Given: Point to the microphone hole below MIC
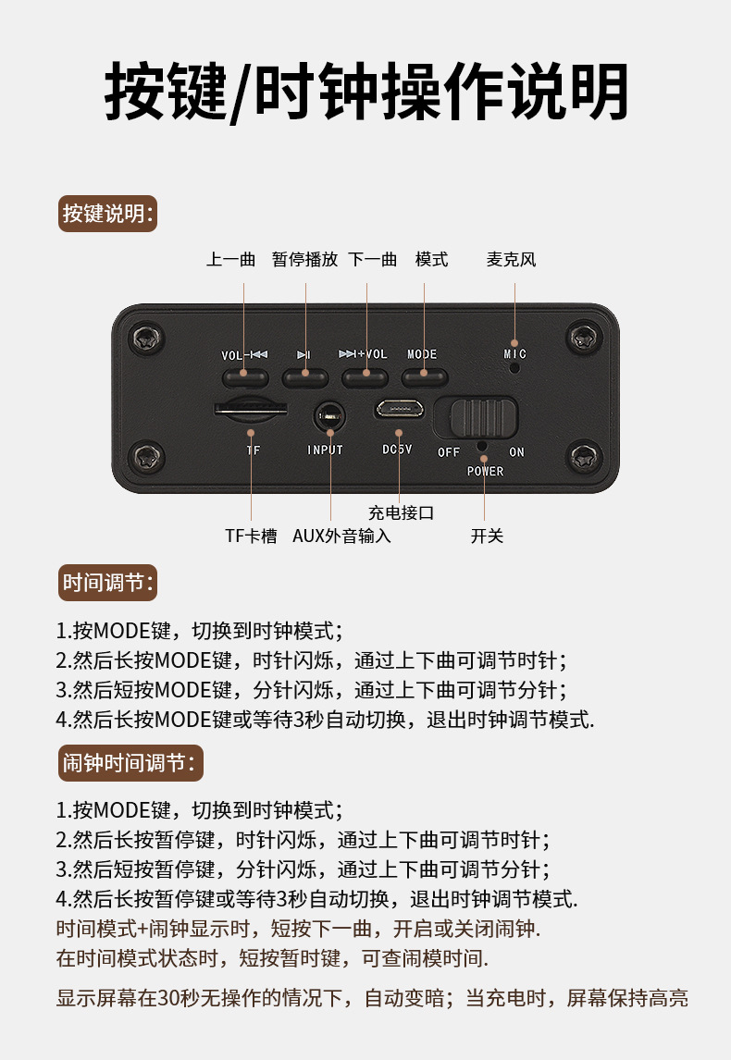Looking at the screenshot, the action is click(514, 368).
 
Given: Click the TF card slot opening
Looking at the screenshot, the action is click(251, 410).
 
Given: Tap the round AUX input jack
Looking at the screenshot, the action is click(329, 416).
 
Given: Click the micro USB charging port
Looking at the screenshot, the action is click(400, 409).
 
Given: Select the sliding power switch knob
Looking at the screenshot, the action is click(484, 417).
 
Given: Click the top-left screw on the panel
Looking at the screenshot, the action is click(147, 337).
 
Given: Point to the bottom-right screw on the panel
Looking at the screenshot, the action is click(584, 457).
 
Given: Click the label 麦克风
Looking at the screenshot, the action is click(511, 260).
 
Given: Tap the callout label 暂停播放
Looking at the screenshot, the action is click(305, 260).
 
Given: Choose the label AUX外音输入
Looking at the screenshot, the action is click(341, 536).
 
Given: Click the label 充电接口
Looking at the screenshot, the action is click(401, 513).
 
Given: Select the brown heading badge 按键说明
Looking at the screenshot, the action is click(107, 214).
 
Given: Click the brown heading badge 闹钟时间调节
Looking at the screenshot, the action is click(130, 763).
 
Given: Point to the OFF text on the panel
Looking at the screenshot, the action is click(449, 452).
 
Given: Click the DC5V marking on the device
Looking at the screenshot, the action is click(397, 450).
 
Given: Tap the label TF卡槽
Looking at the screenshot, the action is click(251, 536).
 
